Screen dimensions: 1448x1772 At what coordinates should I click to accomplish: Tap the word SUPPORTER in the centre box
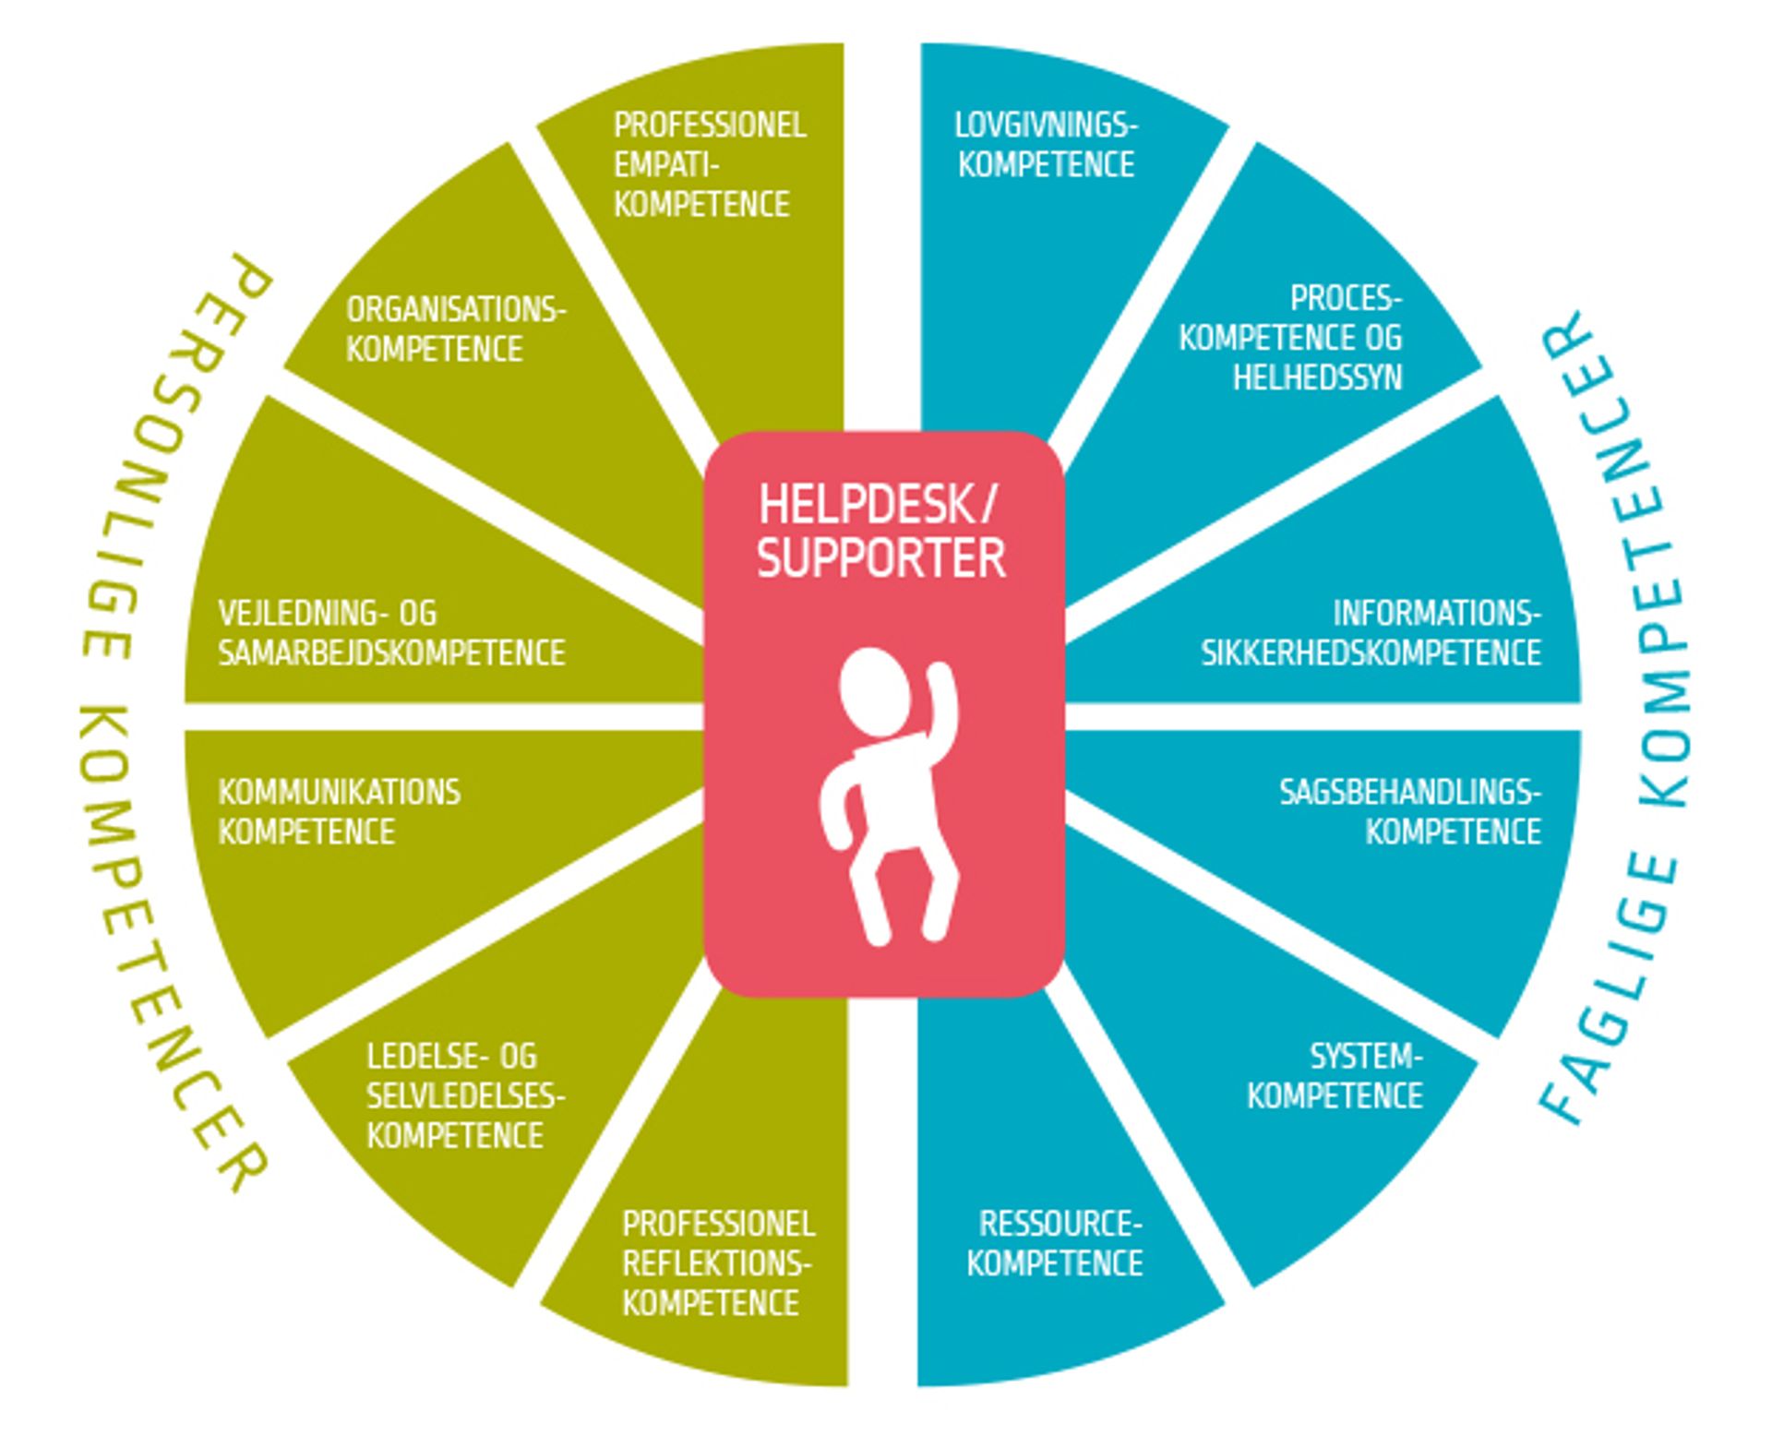coord(881,558)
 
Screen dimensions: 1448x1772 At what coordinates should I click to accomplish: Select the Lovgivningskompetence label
coord(1047,145)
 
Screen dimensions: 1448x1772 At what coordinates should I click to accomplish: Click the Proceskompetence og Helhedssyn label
coord(1292,337)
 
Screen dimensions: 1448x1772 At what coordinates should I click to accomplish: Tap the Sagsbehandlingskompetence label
coord(1410,812)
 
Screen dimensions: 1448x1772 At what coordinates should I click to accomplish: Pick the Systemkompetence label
coord(1335,1075)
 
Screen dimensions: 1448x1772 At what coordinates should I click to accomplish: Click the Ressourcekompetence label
coord(1056,1243)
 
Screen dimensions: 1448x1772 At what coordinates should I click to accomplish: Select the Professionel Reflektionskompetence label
coord(717,1263)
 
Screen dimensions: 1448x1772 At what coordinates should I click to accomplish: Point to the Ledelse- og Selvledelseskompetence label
coord(464,1095)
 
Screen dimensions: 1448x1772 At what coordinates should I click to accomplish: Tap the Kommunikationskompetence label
coord(339,812)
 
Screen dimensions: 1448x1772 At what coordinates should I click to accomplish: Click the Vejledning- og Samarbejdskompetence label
coord(391,633)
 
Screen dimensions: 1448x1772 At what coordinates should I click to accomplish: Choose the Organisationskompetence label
coord(455,329)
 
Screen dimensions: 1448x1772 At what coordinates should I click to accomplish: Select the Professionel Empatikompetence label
coord(709,164)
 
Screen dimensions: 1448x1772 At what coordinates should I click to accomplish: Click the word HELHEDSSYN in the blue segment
coord(1317,377)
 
